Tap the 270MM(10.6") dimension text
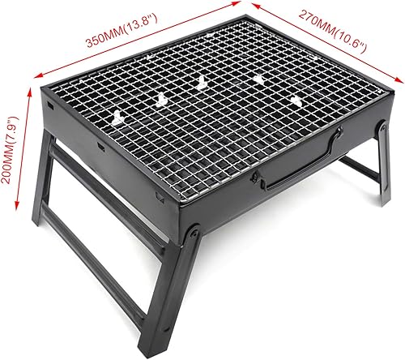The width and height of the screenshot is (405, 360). [326, 32]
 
